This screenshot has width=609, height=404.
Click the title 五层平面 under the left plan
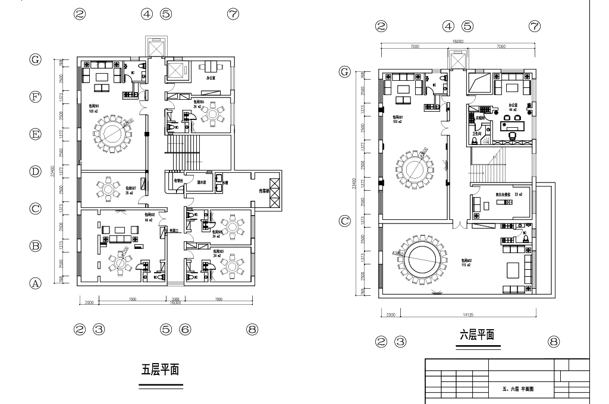point(160,370)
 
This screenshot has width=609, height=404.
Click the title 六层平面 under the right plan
point(478,335)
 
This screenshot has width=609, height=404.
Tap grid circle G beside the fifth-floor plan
point(36,59)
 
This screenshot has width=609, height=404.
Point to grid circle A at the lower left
point(36,283)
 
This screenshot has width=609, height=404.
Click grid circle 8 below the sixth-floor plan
point(554,342)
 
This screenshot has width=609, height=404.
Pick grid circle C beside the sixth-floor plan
point(345,221)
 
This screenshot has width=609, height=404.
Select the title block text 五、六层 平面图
point(519,389)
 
